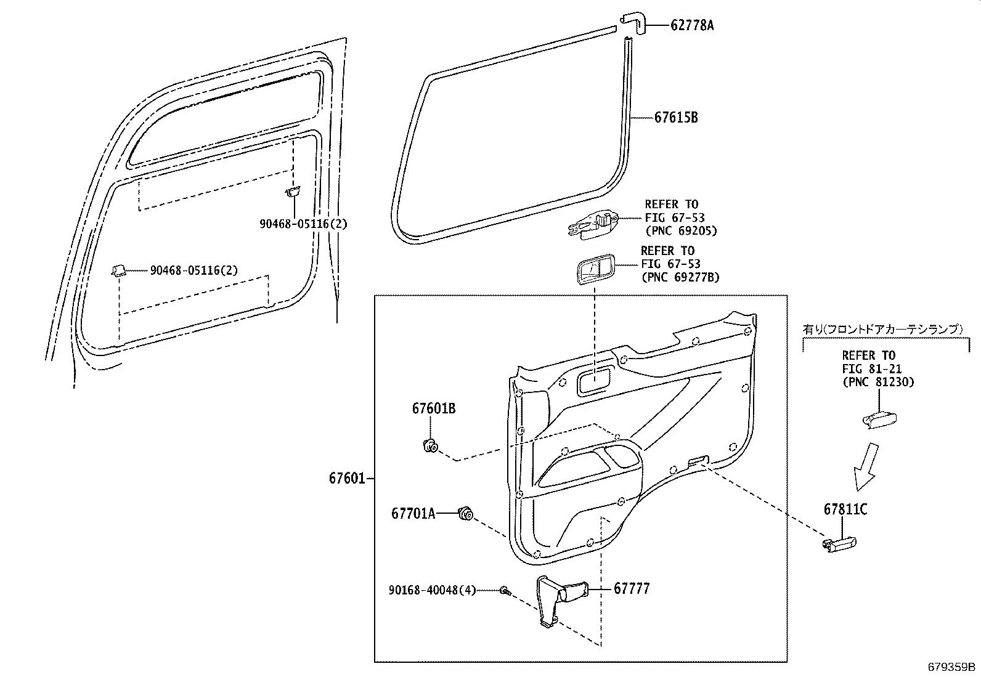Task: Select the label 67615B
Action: [x=676, y=117]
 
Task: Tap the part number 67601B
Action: [x=434, y=408]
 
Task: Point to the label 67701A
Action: [x=413, y=513]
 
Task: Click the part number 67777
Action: [x=631, y=589]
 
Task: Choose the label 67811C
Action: [x=845, y=510]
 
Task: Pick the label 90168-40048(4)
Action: [x=433, y=590]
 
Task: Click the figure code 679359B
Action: [x=952, y=667]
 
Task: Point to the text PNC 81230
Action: [x=878, y=382]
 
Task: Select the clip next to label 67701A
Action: [x=465, y=513]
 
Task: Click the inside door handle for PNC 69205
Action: [x=593, y=224]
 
